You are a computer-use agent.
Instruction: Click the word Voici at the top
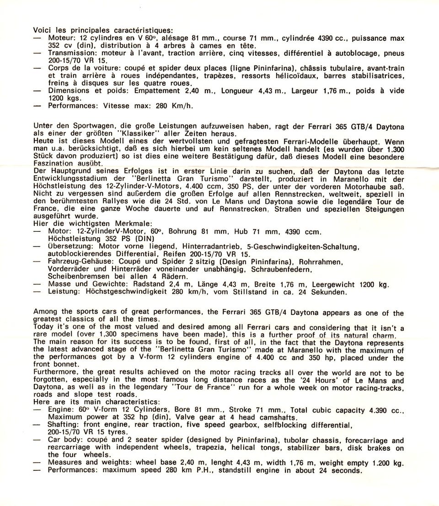(43, 30)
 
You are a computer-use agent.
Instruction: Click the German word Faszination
(52, 164)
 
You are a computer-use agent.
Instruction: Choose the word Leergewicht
(333, 284)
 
